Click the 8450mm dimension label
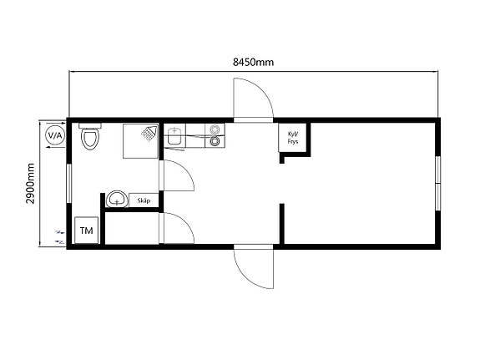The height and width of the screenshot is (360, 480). pyautogui.click(x=253, y=62)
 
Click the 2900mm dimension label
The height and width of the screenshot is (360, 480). pyautogui.click(x=30, y=184)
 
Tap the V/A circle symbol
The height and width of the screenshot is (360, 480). pyautogui.click(x=55, y=135)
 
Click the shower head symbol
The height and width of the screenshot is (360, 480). pyautogui.click(x=149, y=134)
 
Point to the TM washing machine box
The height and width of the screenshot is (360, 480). pyautogui.click(x=86, y=231)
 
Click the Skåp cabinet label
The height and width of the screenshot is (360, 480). pyautogui.click(x=144, y=200)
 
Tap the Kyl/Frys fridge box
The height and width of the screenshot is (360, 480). pyautogui.click(x=293, y=137)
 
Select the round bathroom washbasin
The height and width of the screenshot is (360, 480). pyautogui.click(x=117, y=199)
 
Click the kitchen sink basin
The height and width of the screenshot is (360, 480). pyautogui.click(x=174, y=136)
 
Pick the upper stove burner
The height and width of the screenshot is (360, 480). pyautogui.click(x=215, y=129)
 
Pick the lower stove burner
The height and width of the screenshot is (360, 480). pyautogui.click(x=215, y=140)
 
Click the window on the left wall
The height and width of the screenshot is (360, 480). pyautogui.click(x=69, y=183)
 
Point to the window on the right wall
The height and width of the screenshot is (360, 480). pyautogui.click(x=437, y=183)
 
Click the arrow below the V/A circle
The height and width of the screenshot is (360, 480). pyautogui.click(x=55, y=147)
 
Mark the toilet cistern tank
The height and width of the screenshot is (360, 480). pyautogui.click(x=90, y=125)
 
